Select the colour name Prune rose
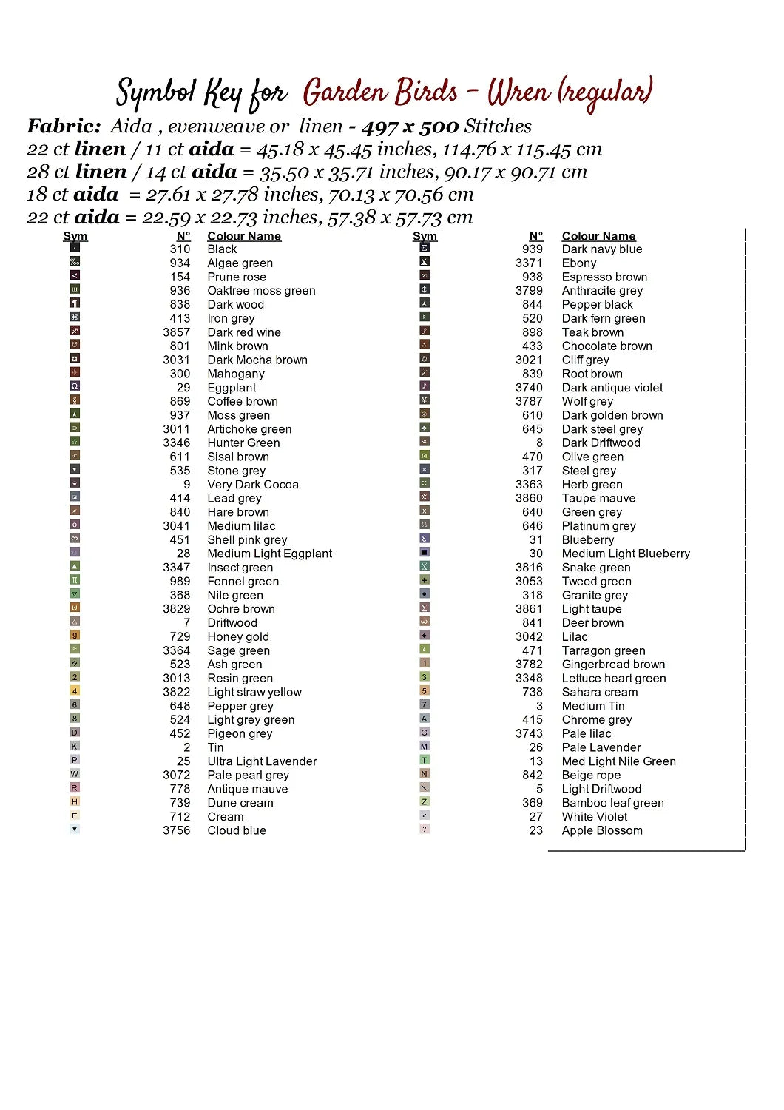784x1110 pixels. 236,277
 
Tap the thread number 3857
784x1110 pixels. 176,332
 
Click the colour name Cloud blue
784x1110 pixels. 236,830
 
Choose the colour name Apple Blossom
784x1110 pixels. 601,830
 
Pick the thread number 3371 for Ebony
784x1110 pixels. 529,263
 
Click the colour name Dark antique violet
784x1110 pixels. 612,388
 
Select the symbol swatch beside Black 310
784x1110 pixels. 75,248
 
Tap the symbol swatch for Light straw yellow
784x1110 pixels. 75,691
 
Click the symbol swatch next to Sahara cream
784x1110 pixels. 425,691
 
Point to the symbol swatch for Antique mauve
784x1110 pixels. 75,788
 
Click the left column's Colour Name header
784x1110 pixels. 243,236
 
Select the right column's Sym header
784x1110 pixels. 425,236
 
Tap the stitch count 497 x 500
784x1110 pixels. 410,127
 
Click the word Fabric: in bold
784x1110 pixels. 64,127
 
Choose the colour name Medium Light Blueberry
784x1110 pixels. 625,554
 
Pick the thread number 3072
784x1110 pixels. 176,775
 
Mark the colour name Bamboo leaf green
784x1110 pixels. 612,803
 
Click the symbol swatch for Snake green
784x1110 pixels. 425,566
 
